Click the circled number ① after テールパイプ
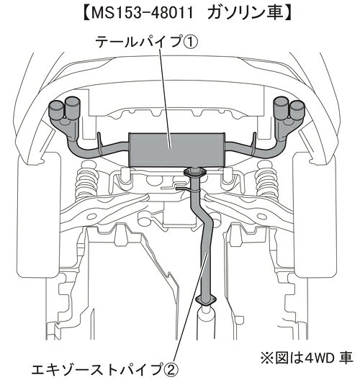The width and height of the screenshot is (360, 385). click(190, 42)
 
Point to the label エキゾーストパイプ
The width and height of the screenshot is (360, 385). click(96, 370)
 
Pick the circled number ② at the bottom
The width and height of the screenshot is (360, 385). click(169, 370)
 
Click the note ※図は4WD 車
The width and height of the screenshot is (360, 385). click(307, 358)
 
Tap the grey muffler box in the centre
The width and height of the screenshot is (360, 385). click(177, 150)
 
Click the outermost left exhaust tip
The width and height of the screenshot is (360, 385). click(56, 111)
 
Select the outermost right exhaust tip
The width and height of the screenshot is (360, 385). click(297, 111)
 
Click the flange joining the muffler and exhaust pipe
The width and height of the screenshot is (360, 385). click(195, 173)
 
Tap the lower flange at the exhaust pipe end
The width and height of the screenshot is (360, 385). click(206, 300)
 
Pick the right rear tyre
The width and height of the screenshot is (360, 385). click(316, 214)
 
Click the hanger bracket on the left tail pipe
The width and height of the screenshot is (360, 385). click(100, 144)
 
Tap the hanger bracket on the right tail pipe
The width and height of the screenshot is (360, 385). click(254, 144)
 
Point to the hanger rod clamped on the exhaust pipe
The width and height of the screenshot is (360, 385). click(188, 189)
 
